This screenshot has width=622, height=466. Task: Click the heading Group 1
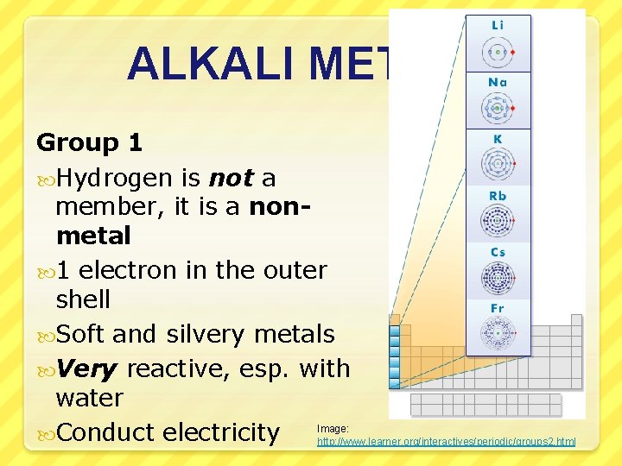[x=89, y=142]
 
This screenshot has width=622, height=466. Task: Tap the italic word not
[x=231, y=178]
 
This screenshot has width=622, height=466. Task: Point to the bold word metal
[x=93, y=235]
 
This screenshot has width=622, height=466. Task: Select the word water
[x=89, y=399]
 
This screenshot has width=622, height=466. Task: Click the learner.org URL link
[x=446, y=442]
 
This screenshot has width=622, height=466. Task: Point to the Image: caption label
[x=333, y=429]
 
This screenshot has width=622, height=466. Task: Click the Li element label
[x=498, y=26]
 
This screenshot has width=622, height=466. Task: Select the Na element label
[x=498, y=82]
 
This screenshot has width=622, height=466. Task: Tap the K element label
[x=498, y=140]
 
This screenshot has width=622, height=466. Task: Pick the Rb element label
[x=498, y=196]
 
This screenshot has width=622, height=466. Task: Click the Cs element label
[x=498, y=252]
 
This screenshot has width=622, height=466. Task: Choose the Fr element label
[x=498, y=308]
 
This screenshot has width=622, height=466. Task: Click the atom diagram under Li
[x=498, y=52]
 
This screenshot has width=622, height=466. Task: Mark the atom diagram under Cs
[x=498, y=278]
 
